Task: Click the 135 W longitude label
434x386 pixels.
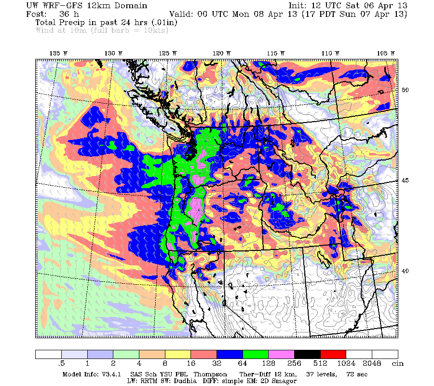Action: [x=58, y=53]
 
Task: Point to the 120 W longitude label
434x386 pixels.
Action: [x=222, y=53]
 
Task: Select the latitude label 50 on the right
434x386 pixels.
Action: [x=406, y=90]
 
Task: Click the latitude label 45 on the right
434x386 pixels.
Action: [x=406, y=180]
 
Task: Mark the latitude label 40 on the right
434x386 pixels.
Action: [x=406, y=271]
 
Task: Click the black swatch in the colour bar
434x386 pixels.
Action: [x=307, y=354]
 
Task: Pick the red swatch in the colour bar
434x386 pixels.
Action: [x=333, y=354]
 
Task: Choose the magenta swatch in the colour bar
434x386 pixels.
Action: [x=281, y=354]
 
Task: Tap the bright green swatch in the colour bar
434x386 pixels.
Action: [x=255, y=354]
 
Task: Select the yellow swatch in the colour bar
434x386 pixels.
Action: [x=177, y=354]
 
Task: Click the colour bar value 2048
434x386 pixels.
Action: [x=372, y=363]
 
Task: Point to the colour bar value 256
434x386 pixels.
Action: [x=294, y=363]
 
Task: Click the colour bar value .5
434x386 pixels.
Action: [x=61, y=363]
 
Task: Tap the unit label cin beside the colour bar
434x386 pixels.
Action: [x=397, y=363]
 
